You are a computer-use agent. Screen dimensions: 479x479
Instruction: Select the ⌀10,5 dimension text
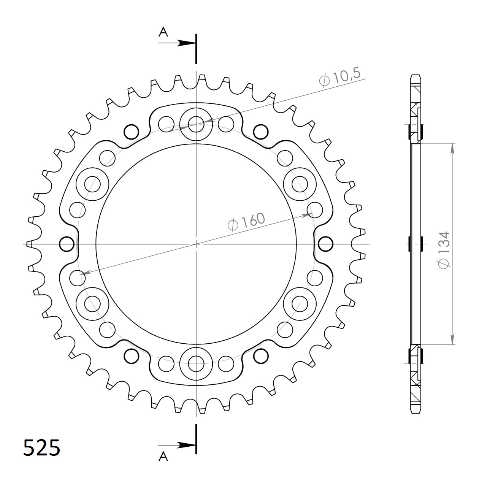point(339,78)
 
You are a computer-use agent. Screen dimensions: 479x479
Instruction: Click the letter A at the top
point(163,32)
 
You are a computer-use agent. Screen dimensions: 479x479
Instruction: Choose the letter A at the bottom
point(163,456)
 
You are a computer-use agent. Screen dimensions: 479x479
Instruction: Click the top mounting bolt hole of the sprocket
point(196,124)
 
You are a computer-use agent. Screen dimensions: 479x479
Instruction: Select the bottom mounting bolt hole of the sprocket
point(196,363)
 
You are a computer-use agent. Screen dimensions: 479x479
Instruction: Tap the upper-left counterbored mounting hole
point(92,184)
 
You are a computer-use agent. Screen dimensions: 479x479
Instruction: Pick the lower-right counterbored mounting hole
point(300,303)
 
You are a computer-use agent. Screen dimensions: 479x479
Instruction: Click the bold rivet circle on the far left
point(67,244)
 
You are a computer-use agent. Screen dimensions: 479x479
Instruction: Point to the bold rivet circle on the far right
point(325,244)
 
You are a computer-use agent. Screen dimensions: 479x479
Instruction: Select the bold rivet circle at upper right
point(261,132)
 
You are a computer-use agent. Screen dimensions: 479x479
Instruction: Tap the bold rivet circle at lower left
point(132,355)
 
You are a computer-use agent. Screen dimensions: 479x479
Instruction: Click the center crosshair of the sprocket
point(196,244)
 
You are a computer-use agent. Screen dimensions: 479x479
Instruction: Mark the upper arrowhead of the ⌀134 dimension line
point(452,148)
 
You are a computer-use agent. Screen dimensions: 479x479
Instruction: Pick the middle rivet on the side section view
point(416,244)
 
